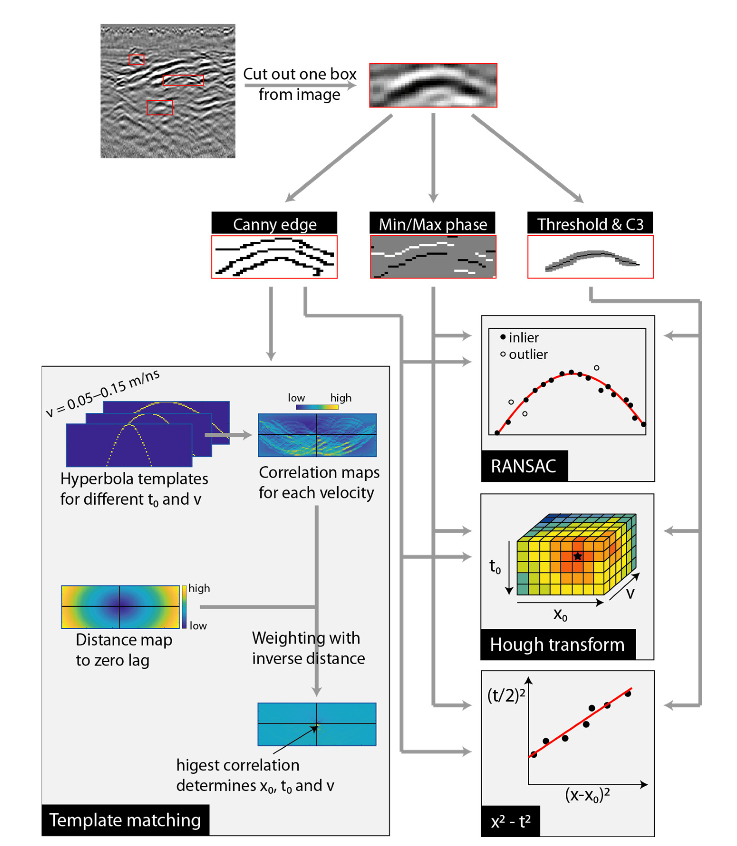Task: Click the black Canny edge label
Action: point(274,224)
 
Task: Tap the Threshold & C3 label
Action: point(590,224)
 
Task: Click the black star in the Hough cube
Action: point(578,556)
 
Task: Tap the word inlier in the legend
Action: point(524,338)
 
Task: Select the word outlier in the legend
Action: point(528,354)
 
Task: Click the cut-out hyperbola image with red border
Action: point(433,85)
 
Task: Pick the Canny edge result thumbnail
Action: point(274,257)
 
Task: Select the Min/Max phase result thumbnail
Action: point(433,257)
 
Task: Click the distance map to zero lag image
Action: point(120,607)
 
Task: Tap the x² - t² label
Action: point(511,821)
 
